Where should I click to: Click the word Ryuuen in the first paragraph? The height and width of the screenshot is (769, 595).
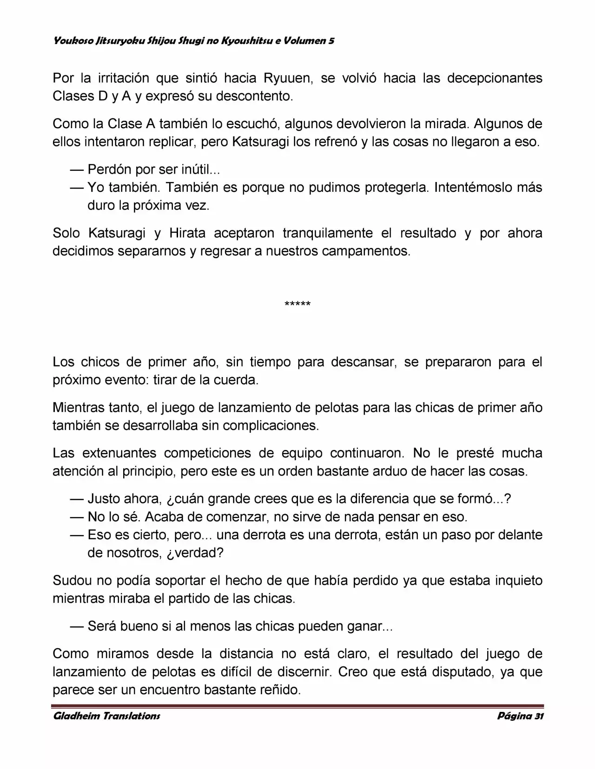(x=286, y=78)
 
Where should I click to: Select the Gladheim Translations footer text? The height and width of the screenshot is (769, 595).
(x=106, y=716)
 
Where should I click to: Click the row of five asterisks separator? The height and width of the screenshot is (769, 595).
(x=297, y=305)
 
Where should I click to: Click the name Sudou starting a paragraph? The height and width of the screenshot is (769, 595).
(x=73, y=580)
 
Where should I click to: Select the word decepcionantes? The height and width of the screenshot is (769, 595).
(x=495, y=78)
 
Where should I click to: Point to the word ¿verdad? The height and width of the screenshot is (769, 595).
(x=198, y=553)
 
